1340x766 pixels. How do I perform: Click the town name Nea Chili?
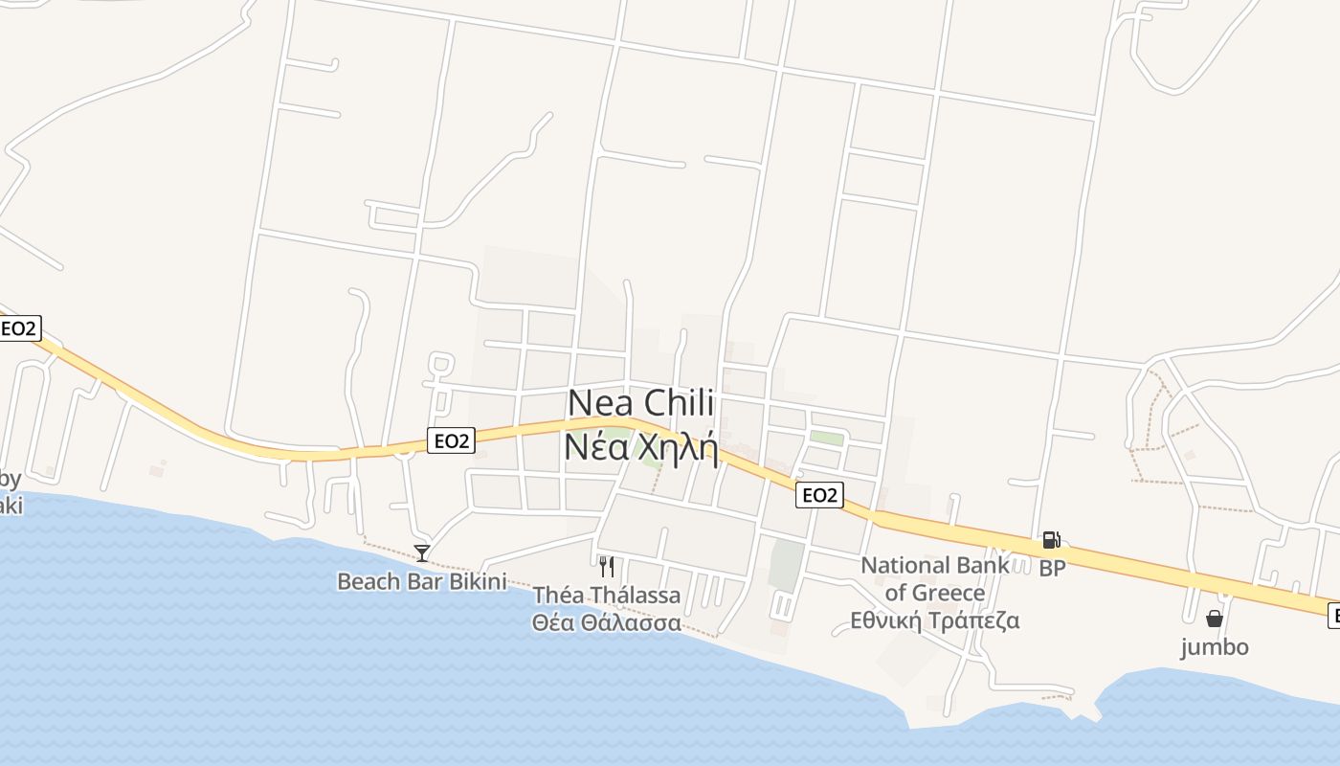640,403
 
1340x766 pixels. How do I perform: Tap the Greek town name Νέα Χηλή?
640,446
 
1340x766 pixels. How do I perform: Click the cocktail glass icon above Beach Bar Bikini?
421,552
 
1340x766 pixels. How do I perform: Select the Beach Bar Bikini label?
421,581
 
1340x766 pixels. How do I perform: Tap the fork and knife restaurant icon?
606,566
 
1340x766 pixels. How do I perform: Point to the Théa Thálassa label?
607,596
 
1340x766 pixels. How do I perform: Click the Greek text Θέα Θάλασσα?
607,623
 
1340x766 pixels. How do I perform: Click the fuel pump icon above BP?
1051,541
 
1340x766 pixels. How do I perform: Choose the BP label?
1052,568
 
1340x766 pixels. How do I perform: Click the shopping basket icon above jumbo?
1214,619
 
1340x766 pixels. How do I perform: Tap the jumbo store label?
1214,647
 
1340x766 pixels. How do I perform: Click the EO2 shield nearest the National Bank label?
819,495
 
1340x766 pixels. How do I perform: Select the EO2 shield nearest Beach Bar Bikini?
451,440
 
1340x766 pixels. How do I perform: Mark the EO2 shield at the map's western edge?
19,328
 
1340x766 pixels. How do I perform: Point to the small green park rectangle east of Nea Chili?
827,438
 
